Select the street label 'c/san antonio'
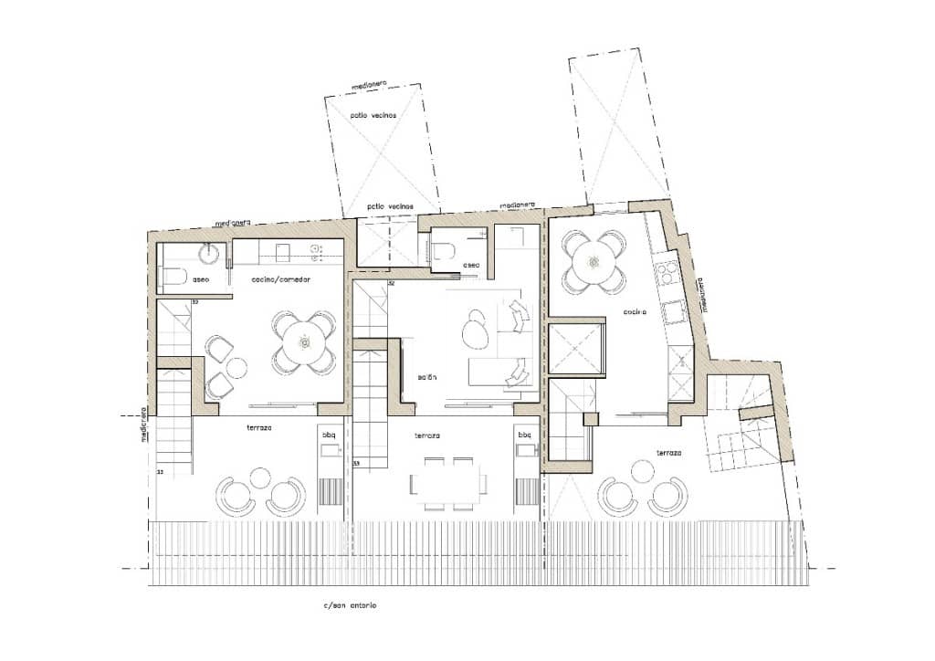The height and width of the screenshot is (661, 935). click(x=350, y=605)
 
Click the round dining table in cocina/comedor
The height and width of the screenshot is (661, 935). click(x=304, y=342)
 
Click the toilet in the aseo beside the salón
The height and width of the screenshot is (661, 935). click(x=445, y=252)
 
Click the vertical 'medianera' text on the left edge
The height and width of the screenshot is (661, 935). click(x=144, y=425)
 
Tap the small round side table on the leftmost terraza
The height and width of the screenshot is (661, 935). click(x=260, y=477)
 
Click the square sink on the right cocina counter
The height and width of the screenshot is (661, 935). click(x=676, y=313)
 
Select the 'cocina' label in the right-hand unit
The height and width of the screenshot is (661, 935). click(x=636, y=311)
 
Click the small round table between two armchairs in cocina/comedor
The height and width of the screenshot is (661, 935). click(x=236, y=368)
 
